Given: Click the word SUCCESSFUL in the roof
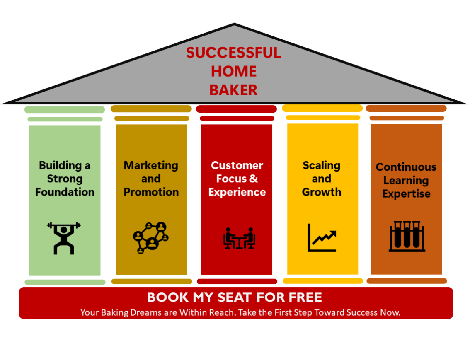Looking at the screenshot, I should [x=233, y=53].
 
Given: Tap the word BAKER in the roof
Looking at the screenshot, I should [x=233, y=89].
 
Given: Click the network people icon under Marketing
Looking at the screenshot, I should [x=151, y=237].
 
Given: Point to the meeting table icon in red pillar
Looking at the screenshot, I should [x=239, y=238].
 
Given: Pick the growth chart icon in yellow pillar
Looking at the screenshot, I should [x=322, y=238].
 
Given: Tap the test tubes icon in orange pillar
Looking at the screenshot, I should [x=407, y=237].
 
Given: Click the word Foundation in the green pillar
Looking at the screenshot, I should [x=65, y=192].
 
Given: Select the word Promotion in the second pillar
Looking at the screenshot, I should [x=151, y=192].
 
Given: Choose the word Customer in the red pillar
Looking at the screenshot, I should [x=237, y=165].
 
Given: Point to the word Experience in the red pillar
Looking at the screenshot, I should [x=237, y=192].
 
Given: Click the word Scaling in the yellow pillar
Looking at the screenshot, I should [x=322, y=165].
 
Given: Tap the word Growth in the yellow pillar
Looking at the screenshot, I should [x=322, y=192].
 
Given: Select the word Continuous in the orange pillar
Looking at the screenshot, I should [x=406, y=167].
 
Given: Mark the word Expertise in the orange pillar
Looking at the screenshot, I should [x=406, y=194].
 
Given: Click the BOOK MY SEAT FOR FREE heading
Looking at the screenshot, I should [x=235, y=297].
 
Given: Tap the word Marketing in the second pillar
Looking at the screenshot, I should [x=151, y=165].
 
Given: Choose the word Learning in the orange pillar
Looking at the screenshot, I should [x=406, y=181].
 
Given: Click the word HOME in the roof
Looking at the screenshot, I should [x=234, y=71].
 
